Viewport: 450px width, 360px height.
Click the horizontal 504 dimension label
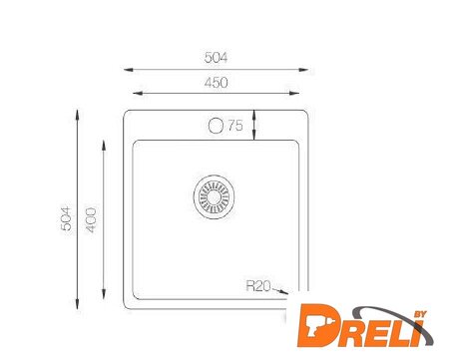pyautogui.click(x=216, y=58)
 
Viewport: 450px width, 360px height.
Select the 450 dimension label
pyautogui.click(x=217, y=83)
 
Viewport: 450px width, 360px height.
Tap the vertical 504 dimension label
pyautogui.click(x=66, y=218)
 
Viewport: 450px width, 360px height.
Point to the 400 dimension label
pyautogui.click(x=91, y=219)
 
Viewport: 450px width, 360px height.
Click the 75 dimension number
pyautogui.click(x=235, y=126)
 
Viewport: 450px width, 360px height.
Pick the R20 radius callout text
pyautogui.click(x=258, y=286)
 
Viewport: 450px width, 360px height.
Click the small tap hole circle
pyautogui.click(x=216, y=126)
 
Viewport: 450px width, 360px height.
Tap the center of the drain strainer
pyautogui.click(x=214, y=196)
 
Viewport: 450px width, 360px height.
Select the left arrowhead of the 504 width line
pyautogui.click(x=129, y=70)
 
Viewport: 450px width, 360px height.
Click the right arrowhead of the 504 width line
pyautogui.click(x=303, y=70)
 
